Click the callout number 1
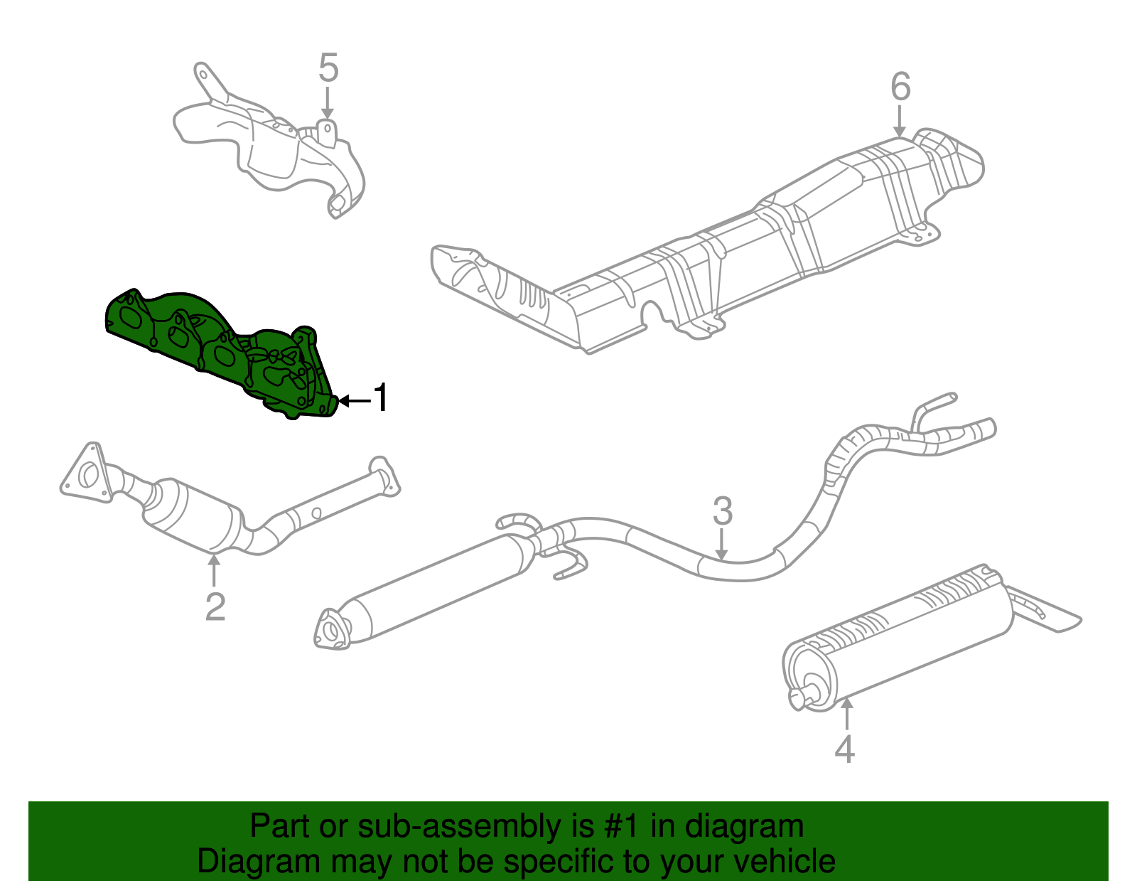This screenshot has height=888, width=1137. tap(382, 397)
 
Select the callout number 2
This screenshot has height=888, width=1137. tap(215, 606)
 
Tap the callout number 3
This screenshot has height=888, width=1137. tap(722, 511)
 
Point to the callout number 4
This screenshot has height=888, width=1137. tap(844, 748)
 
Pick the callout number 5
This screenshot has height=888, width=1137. tap(328, 68)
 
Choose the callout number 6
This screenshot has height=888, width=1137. tap(900, 87)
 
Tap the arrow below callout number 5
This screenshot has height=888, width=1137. tap(327, 103)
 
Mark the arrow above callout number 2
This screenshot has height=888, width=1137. tap(213, 570)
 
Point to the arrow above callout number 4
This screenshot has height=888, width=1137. tap(846, 714)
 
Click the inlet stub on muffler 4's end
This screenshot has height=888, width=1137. tap(803, 695)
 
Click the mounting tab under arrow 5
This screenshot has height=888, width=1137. tap(326, 134)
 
